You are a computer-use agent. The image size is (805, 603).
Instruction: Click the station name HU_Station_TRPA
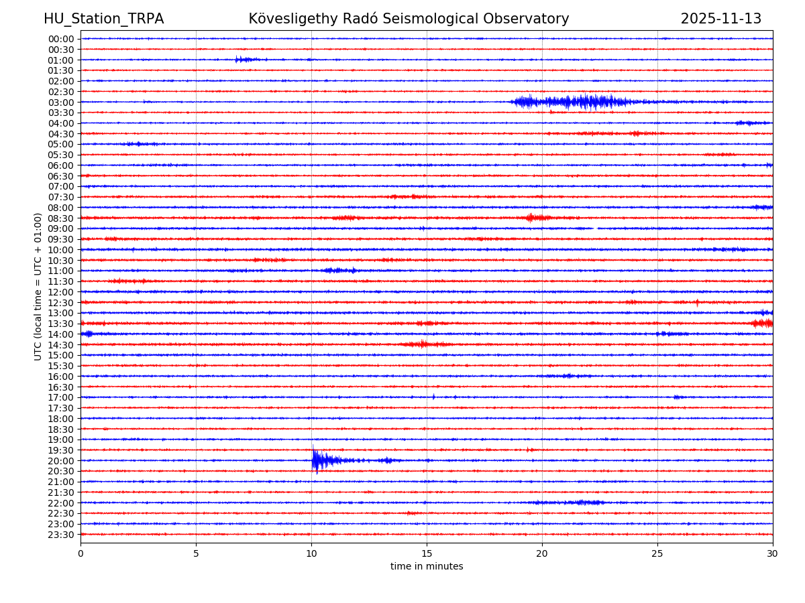tap(103, 19)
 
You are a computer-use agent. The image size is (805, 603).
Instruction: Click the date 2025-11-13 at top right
tap(720, 19)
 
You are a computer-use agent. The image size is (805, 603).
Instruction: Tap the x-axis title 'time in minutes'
tap(427, 566)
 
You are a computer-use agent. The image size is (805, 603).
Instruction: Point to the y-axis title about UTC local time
tap(38, 286)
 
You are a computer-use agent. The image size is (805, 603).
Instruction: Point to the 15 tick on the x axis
tap(427, 554)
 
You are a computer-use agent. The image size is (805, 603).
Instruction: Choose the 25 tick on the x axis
tap(657, 554)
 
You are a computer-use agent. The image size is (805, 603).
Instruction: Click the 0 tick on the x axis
tap(80, 554)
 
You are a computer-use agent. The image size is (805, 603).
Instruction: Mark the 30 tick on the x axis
tap(773, 554)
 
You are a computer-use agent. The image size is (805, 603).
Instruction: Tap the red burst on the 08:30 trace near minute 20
tap(531, 218)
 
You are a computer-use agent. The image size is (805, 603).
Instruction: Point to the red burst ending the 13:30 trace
tap(763, 324)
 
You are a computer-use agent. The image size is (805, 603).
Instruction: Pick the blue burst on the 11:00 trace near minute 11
tap(337, 271)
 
